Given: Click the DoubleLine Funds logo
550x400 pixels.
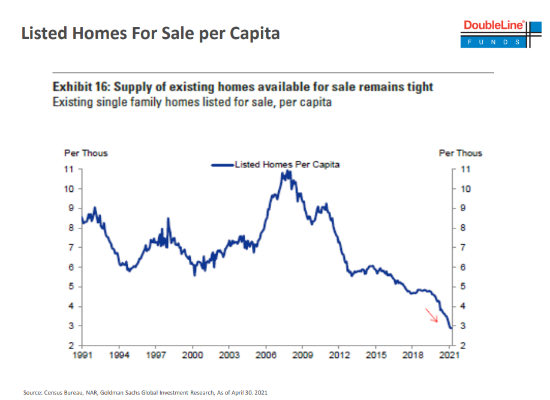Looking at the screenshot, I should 494,34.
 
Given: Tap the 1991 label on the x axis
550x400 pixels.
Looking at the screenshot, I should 83,355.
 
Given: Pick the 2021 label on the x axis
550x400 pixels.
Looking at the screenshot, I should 449,355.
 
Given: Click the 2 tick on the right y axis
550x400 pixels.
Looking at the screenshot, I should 462,346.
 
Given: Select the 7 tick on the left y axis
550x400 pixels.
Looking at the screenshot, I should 71,248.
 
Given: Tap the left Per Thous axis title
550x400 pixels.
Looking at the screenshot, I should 86,153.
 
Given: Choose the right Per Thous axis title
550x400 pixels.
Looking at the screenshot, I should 460,153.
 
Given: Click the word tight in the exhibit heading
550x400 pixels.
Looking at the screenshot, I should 419,87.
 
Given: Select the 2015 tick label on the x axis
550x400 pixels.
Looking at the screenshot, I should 375,355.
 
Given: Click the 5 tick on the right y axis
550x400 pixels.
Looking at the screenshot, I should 462,287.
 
